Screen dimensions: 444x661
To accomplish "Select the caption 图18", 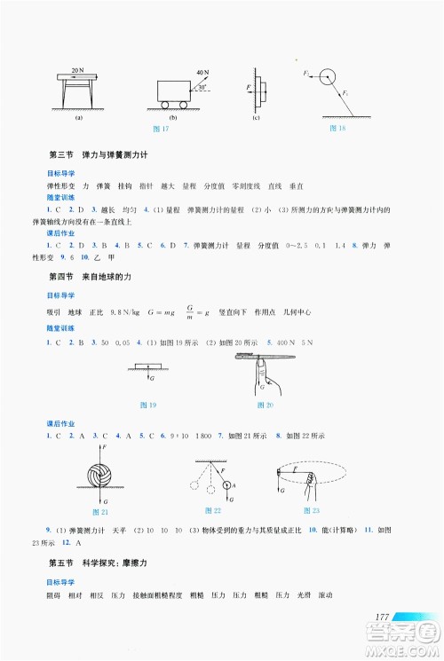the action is pos(337,130).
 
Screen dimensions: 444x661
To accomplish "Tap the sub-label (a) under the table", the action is pos(78,117).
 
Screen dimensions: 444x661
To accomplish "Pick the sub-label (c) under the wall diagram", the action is pos(257,117).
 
